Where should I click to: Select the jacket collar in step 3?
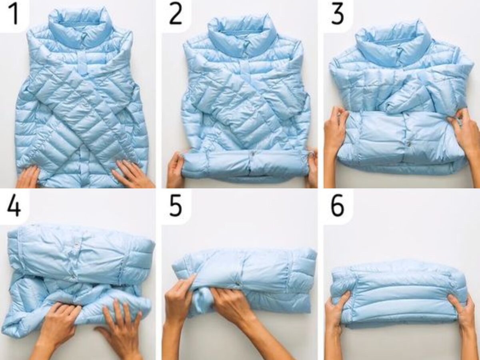[394, 40]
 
